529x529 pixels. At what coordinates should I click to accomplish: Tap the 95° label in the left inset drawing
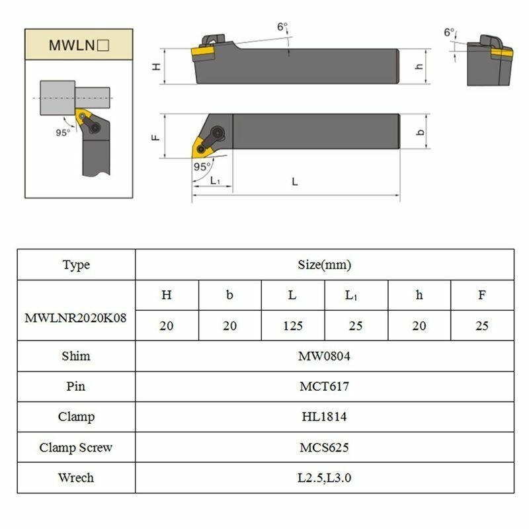[63, 132]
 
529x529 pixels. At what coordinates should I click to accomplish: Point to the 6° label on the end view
[450, 32]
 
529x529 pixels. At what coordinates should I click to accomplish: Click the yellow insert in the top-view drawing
[201, 147]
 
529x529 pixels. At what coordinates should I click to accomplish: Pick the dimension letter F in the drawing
[155, 137]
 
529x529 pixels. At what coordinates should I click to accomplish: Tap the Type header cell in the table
[76, 265]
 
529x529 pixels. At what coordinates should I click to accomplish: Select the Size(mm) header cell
[324, 265]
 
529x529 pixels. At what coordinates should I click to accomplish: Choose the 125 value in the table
[293, 325]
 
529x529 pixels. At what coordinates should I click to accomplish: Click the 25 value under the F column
[482, 325]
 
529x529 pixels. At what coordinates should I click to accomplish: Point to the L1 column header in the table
[356, 296]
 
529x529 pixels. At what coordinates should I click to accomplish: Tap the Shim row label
[76, 356]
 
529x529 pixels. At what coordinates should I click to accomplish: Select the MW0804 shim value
[324, 356]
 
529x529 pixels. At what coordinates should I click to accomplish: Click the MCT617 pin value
[324, 386]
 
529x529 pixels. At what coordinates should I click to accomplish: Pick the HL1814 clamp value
[324, 417]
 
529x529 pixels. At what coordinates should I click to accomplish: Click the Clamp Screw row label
[76, 447]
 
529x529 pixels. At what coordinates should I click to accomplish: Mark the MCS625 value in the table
[324, 447]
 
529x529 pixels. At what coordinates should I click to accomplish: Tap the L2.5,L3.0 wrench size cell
[324, 477]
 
